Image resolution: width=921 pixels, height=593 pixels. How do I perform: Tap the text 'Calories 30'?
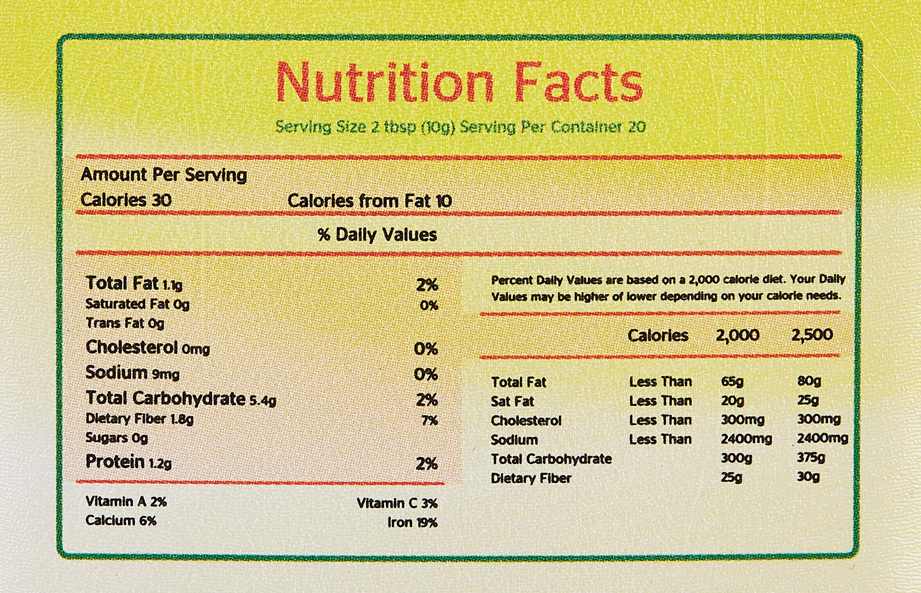coord(126,200)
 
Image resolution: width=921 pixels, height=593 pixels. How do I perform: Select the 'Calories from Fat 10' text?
coord(369,201)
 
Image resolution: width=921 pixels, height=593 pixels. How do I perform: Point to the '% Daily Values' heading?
coord(377,234)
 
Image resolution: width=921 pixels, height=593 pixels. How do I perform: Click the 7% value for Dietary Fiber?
coord(429,420)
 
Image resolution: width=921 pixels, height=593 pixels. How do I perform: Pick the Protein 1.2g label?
coord(128,462)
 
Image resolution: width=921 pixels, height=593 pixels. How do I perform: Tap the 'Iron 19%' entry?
coord(412,522)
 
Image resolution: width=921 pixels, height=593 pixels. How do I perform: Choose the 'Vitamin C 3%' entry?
coord(397,503)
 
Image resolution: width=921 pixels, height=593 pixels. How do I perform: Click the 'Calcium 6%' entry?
coord(121,521)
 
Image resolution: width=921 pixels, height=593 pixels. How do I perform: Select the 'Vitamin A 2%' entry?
coord(126,501)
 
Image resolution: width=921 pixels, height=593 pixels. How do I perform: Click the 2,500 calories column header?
coord(812,335)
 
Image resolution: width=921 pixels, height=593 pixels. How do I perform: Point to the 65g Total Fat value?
coord(732,382)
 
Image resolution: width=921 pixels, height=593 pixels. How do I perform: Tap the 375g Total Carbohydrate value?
coord(811,458)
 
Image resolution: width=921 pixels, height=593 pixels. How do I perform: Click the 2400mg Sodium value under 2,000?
coord(746,439)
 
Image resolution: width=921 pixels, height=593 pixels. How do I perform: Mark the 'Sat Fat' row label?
coord(512,401)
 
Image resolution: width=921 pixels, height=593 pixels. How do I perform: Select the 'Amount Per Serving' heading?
coord(163,175)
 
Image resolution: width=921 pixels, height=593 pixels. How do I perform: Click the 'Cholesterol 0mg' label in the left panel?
coord(148,348)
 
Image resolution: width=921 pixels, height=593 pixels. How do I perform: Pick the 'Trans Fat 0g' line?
coord(124,323)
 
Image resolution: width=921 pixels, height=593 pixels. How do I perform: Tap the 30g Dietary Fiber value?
coord(808,477)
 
